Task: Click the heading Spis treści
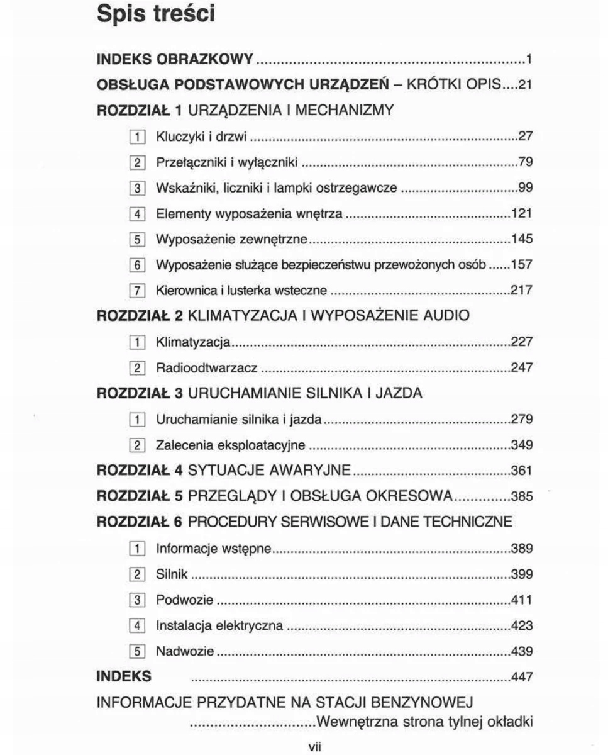(x=156, y=14)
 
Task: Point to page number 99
(x=526, y=188)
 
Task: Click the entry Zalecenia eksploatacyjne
(x=231, y=445)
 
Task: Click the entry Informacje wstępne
(x=214, y=548)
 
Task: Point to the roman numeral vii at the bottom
(x=314, y=746)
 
